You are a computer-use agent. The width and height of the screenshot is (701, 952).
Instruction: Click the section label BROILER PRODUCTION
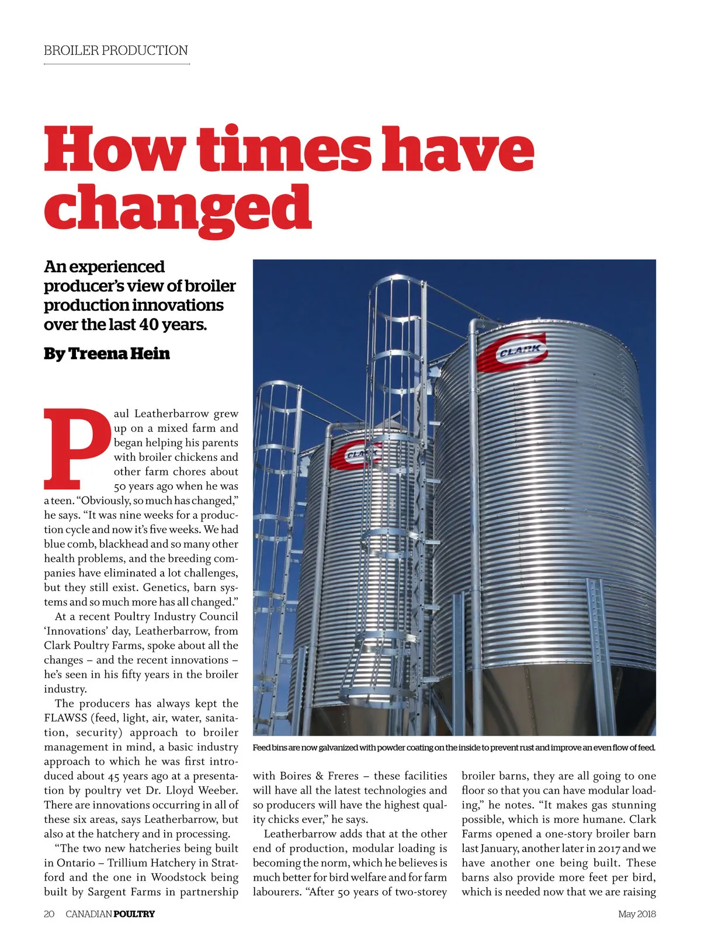(x=116, y=50)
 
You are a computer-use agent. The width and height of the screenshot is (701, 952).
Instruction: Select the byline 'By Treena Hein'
(x=107, y=353)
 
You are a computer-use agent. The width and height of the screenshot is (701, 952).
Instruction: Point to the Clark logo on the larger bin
(x=513, y=352)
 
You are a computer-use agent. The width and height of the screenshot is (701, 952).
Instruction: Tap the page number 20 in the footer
(x=49, y=913)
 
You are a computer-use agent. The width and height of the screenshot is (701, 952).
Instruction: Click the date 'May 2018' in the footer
(x=637, y=913)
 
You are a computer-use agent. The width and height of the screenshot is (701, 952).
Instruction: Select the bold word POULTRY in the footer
(x=134, y=913)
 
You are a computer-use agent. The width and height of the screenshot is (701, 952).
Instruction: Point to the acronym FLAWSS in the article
(x=65, y=718)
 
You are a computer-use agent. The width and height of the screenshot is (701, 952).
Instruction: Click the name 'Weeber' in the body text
(x=217, y=790)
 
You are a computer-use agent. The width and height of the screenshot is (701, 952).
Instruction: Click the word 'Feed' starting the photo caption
(x=262, y=748)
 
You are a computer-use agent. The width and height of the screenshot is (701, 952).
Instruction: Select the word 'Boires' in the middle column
(x=295, y=776)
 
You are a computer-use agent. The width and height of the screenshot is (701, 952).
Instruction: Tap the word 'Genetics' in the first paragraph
(x=165, y=588)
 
